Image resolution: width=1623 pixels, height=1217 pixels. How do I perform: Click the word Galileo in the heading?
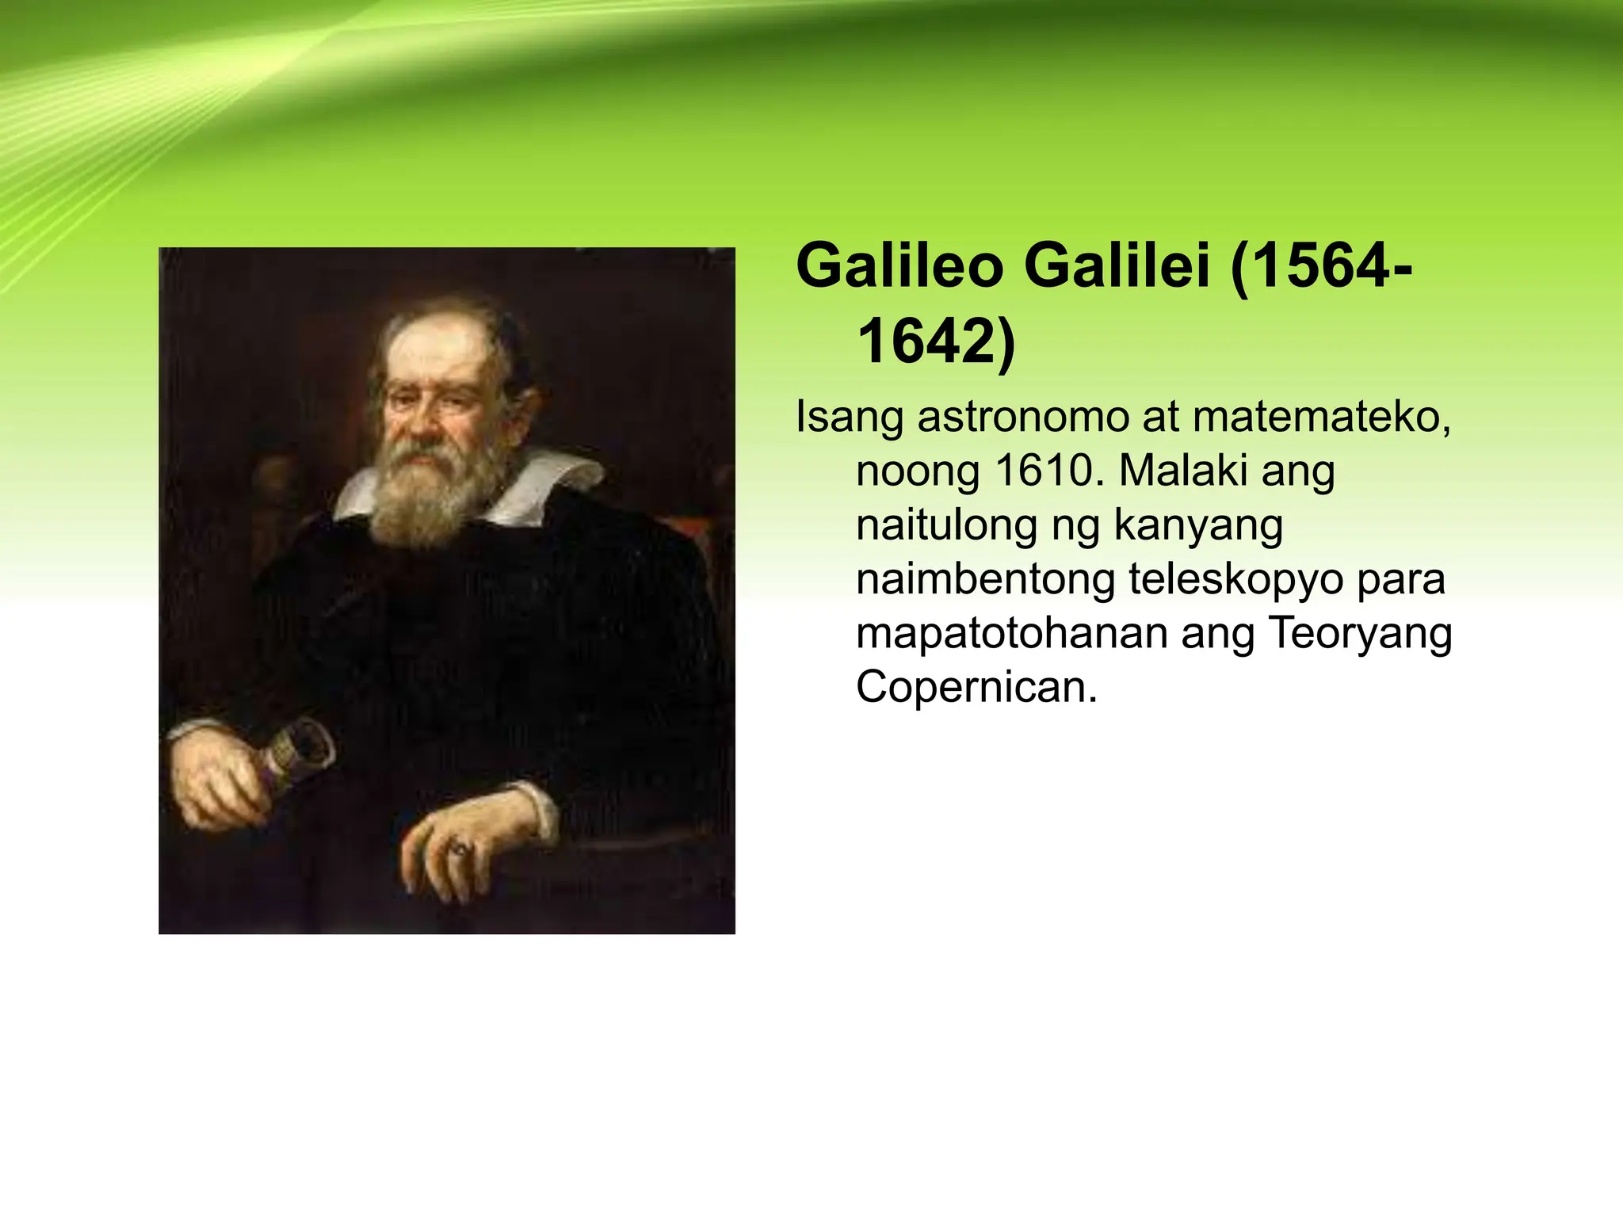click(x=900, y=268)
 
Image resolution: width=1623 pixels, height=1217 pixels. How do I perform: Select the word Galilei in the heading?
click(x=1117, y=268)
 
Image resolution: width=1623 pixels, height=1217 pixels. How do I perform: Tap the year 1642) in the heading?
click(x=935, y=341)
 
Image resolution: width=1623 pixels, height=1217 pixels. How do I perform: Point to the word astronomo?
click(x=1022, y=418)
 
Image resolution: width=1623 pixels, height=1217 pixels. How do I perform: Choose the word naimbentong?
click(x=983, y=579)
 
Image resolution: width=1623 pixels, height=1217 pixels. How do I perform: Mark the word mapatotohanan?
click(x=1010, y=633)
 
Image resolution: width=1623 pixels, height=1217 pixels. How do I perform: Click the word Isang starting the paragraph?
click(x=849, y=419)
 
